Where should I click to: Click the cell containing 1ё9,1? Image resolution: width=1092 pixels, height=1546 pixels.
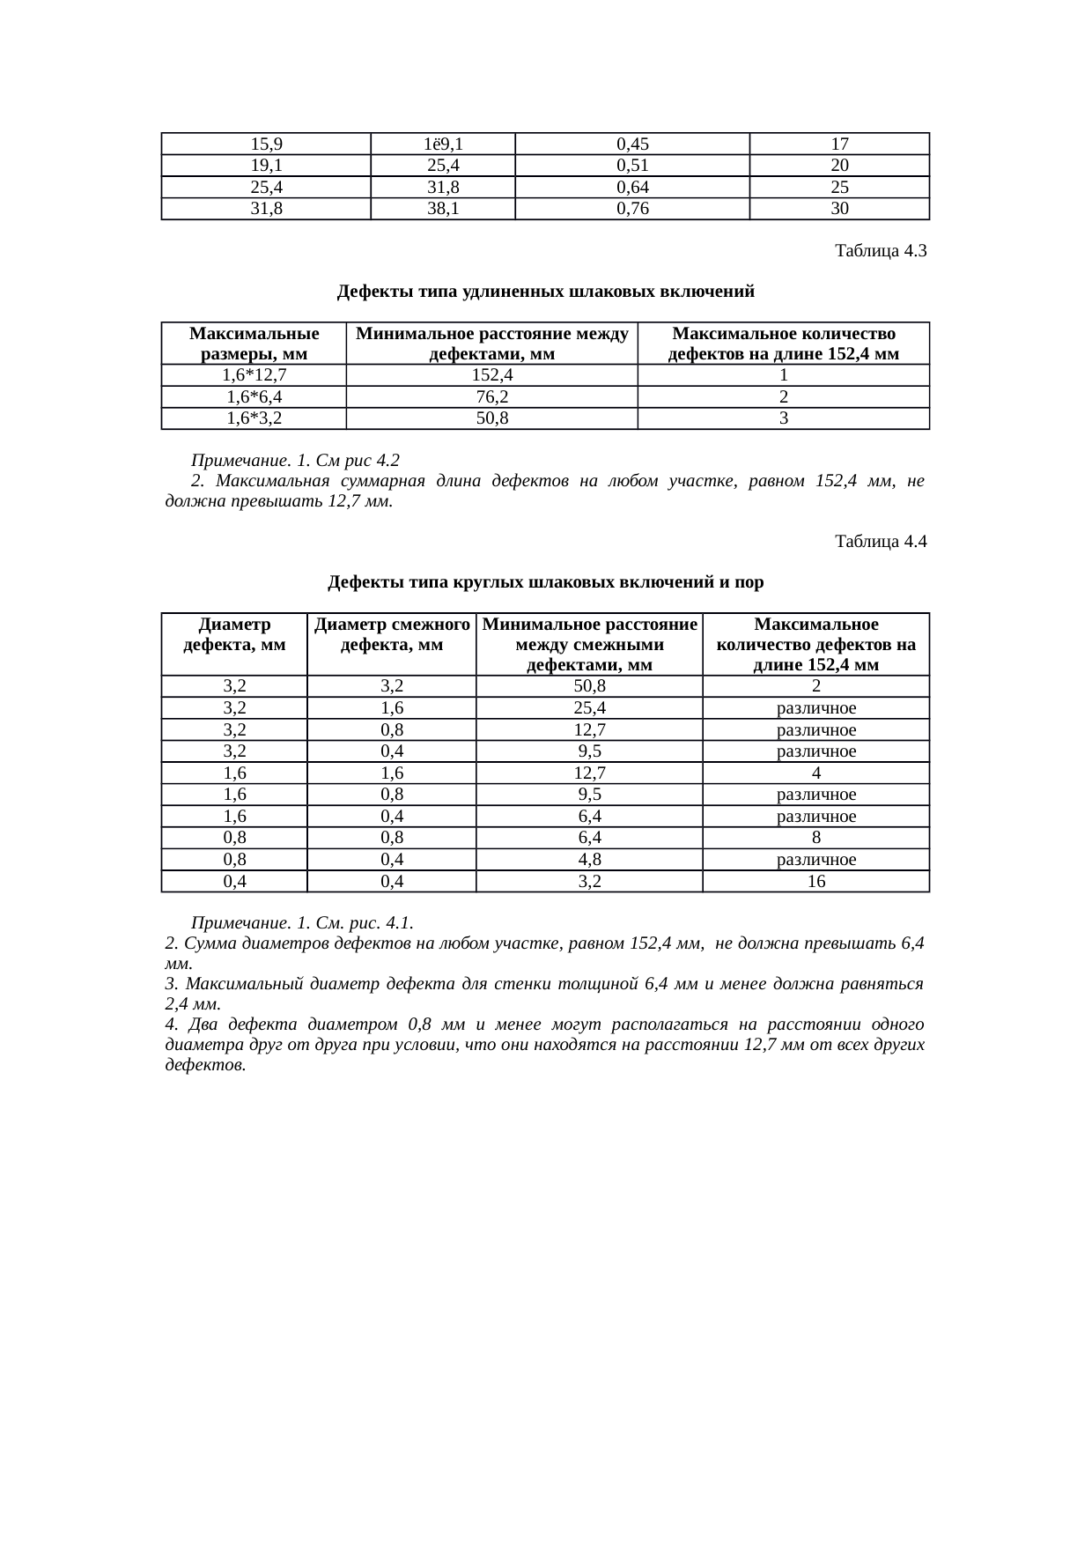[442, 144]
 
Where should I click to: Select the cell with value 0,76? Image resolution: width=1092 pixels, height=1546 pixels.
[631, 209]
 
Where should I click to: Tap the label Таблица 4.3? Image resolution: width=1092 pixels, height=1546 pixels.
[881, 251]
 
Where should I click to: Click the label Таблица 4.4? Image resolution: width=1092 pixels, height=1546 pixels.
[881, 542]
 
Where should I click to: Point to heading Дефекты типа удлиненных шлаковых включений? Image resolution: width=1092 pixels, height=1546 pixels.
[545, 292]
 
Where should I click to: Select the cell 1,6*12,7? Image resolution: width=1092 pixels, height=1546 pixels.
[254, 376]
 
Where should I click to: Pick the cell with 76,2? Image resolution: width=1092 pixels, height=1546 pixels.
[491, 397]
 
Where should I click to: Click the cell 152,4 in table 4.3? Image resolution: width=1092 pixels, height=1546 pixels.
[491, 376]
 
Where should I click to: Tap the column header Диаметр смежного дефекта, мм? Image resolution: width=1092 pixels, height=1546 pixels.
[391, 634]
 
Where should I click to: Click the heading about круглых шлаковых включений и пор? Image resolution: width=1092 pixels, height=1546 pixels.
[545, 582]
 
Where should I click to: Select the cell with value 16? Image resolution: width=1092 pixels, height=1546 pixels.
[815, 881]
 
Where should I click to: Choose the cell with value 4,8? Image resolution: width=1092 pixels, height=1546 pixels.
[589, 860]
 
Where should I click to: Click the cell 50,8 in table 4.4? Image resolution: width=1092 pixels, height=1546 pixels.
[589, 686]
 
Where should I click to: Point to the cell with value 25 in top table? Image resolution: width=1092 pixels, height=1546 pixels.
[839, 187]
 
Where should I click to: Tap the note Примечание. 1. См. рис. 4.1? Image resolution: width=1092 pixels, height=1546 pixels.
[302, 923]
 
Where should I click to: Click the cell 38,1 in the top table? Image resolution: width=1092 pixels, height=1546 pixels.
[442, 209]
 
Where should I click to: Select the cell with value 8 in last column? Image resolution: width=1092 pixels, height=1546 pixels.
[815, 838]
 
